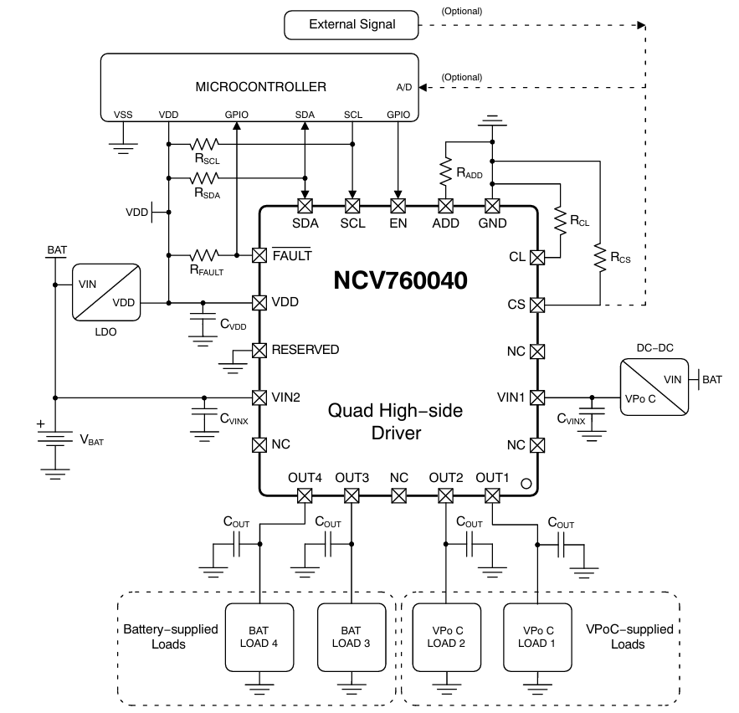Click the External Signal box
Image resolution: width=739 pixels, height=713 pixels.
[x=352, y=25]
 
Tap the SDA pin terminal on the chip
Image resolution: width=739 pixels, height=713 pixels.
[x=305, y=205]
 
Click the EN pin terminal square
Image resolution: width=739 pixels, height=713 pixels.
[x=398, y=205]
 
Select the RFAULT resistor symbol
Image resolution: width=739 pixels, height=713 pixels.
[x=205, y=255]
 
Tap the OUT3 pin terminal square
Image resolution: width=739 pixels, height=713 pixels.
[x=352, y=495]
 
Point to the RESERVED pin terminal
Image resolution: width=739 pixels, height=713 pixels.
[x=259, y=350]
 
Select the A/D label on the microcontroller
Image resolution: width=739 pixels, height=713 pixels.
[x=404, y=87]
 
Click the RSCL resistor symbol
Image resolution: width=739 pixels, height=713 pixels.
[x=205, y=144]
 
